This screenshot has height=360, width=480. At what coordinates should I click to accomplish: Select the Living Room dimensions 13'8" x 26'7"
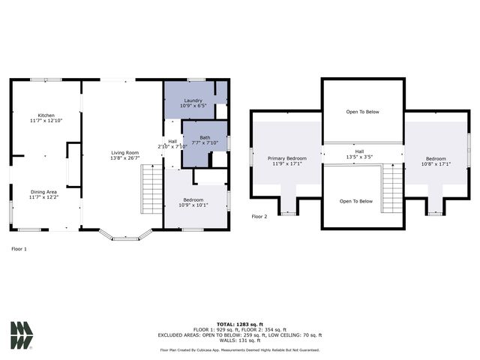click(x=125, y=158)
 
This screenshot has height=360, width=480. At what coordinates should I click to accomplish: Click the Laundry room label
click(x=192, y=100)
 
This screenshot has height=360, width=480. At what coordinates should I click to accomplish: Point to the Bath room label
click(x=204, y=137)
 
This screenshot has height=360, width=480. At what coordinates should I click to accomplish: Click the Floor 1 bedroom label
click(x=192, y=199)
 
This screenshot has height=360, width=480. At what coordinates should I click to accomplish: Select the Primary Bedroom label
click(x=287, y=158)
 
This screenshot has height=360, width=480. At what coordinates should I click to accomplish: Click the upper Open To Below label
click(x=362, y=112)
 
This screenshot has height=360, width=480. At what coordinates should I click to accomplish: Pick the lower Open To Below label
click(x=356, y=201)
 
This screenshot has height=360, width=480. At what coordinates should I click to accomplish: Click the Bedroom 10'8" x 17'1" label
click(x=436, y=158)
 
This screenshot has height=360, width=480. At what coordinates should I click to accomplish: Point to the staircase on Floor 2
click(x=392, y=188)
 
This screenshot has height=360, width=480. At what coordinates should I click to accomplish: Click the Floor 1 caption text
click(x=19, y=248)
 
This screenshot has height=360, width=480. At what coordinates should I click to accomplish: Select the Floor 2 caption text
click(x=259, y=216)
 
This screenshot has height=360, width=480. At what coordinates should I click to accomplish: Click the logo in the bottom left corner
click(x=21, y=335)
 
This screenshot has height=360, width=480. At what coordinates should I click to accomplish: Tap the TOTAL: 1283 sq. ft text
click(x=239, y=323)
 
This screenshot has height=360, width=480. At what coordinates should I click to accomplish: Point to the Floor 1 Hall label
click(x=172, y=141)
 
